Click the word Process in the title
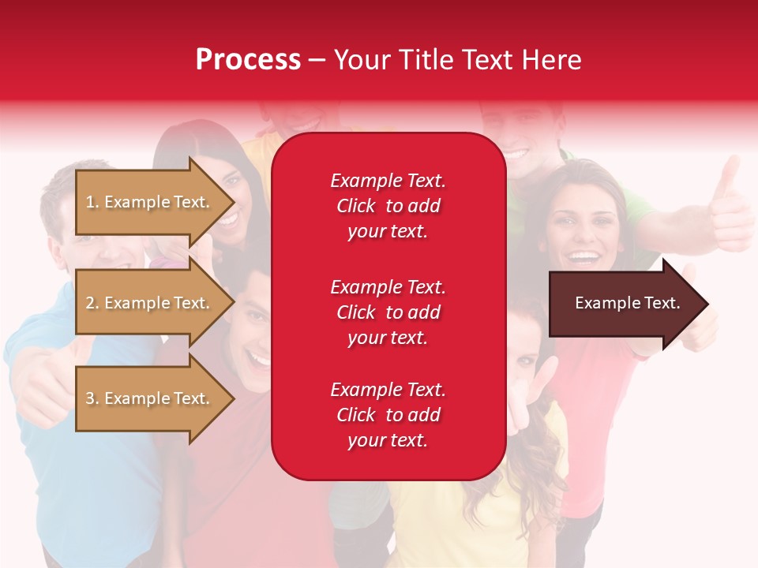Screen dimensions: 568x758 point(248,60)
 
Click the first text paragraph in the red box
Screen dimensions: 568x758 point(388,206)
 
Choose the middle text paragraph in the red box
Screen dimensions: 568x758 point(388,312)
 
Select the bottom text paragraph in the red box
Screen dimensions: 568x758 point(388,415)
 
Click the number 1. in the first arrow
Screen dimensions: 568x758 point(92,202)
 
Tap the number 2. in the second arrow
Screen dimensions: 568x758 point(92,303)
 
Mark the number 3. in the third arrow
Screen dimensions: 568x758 point(92,398)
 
